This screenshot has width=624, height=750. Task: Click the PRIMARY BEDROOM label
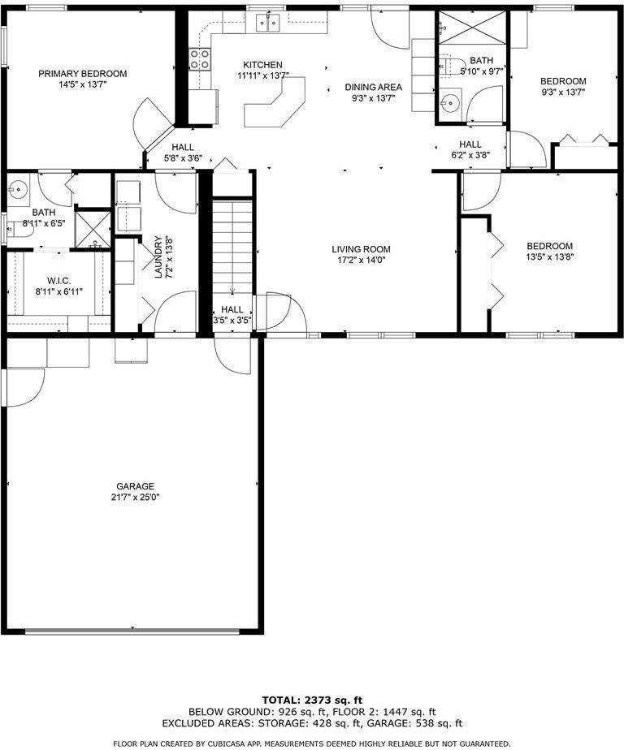tap(83, 74)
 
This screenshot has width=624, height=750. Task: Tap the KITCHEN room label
tap(262, 65)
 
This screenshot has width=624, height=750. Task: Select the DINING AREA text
tap(373, 87)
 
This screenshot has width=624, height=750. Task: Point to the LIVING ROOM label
tap(361, 249)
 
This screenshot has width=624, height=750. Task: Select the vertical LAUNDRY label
tap(158, 257)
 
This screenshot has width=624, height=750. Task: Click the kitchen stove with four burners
tap(200, 58)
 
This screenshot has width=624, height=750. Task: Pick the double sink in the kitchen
tap(269, 23)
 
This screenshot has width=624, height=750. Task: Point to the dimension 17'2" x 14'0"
tap(361, 261)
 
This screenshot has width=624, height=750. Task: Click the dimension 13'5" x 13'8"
tap(549, 257)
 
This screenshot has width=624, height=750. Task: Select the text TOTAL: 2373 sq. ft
tap(312, 700)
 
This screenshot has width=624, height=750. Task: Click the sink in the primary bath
tap(18, 192)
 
